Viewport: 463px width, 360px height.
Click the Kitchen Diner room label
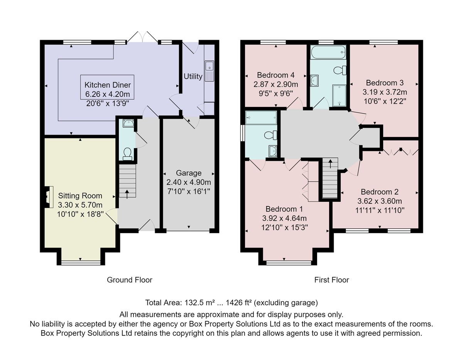tap(108, 85)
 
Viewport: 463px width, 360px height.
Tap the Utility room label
tap(193, 76)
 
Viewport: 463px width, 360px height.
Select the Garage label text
tap(189, 173)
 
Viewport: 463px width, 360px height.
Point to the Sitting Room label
tap(80, 196)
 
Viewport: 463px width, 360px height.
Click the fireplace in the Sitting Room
tap(49, 197)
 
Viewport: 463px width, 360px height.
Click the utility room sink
tap(210, 71)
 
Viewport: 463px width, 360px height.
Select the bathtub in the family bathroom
tap(328, 52)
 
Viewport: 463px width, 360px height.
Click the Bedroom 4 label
tap(276, 75)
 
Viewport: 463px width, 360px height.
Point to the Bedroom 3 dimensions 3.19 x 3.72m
tap(385, 92)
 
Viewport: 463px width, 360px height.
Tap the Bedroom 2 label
tap(380, 192)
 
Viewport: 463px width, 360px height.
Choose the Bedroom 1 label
tap(284, 209)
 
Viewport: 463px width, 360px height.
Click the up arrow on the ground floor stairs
tap(127, 194)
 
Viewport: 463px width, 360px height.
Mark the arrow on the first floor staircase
tap(330, 164)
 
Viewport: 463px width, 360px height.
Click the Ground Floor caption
tap(130, 280)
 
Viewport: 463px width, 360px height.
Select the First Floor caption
tap(332, 280)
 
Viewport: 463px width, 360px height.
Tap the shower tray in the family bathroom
tap(339, 95)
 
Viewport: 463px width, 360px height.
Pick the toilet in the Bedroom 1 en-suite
tap(270, 135)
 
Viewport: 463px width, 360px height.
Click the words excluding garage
tap(286, 303)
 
